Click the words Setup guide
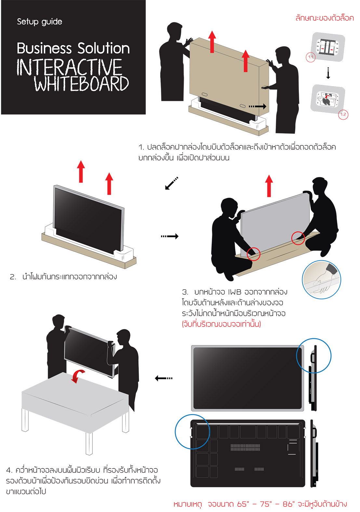40,22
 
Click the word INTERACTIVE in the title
70,67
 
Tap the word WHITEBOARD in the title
82,84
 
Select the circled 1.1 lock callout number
310,57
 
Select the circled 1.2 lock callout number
343,114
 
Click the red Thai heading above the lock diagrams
325,18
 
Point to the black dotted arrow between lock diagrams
328,73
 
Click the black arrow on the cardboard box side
258,106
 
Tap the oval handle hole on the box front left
205,94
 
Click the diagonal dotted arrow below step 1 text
171,183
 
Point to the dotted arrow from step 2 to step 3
170,236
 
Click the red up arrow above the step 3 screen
269,186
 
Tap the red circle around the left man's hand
253,254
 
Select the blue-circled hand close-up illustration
321,279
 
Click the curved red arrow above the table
77,376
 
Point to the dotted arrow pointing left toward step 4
164,378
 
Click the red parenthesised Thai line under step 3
221,324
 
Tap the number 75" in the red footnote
266,504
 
